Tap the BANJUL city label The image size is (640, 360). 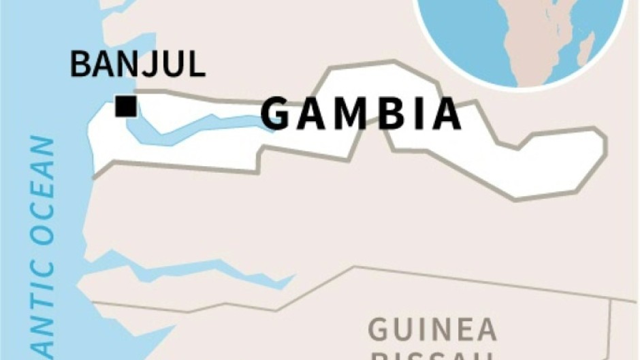click(x=138, y=65)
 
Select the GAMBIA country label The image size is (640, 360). click(x=362, y=114)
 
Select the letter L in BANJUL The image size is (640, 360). click(x=195, y=65)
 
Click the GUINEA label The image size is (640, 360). click(x=432, y=331)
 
